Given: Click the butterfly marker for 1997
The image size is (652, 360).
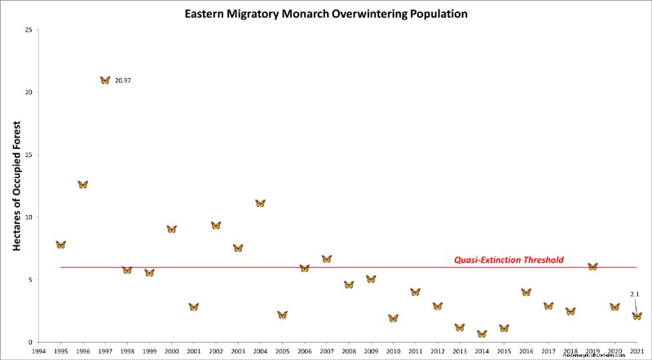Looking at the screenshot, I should tap(105, 80).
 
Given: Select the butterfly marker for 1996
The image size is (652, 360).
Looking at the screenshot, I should tap(82, 184).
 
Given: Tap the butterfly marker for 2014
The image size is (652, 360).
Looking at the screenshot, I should tap(482, 333).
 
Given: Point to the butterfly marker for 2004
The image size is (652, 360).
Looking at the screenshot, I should tap(260, 203).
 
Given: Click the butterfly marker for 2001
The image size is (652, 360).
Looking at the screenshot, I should tap(193, 306).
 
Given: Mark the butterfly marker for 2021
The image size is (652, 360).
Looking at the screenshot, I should tap(637, 315).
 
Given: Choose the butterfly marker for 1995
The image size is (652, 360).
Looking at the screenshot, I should tap(60, 244).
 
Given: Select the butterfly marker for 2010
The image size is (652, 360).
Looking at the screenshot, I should tap(393, 318).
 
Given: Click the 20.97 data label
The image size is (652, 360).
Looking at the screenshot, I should tap(124, 81).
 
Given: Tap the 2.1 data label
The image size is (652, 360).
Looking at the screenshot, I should tap(634, 293).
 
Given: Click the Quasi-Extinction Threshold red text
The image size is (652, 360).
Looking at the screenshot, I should tap(509, 261).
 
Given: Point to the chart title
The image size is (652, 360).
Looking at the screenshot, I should tap(326, 14).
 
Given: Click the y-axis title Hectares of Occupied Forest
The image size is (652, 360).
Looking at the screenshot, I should tap(15, 187).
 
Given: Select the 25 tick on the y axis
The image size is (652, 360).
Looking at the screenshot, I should tap(29, 30).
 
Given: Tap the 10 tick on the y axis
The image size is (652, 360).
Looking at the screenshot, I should tap(29, 217).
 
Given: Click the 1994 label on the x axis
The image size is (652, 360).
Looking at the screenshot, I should tap(38, 352).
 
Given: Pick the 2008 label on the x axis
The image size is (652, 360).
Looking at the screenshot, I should tap(349, 352).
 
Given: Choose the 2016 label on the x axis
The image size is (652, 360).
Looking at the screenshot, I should tap(526, 352).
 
